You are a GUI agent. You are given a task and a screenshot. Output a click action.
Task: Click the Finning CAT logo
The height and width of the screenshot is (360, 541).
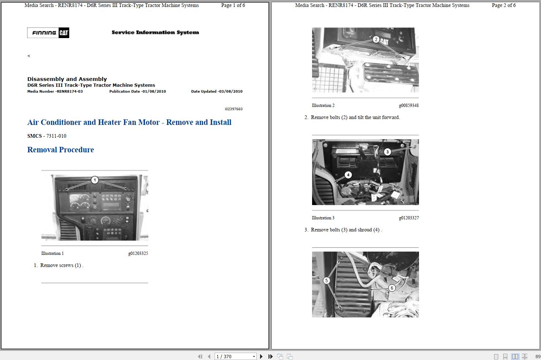[x=48, y=33]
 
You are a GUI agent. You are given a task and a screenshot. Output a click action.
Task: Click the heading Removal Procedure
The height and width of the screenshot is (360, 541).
[x=60, y=150]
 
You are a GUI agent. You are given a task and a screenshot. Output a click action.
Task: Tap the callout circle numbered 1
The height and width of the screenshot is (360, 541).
[x=95, y=180]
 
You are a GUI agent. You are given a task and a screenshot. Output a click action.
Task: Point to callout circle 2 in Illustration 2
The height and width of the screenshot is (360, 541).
[x=376, y=39]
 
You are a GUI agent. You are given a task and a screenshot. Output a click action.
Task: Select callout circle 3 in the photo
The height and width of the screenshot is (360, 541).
[x=388, y=152]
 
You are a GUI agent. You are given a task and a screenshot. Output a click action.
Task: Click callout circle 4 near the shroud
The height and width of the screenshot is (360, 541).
[x=348, y=175]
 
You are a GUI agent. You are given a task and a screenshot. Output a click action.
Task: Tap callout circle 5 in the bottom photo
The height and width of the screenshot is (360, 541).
[x=326, y=281]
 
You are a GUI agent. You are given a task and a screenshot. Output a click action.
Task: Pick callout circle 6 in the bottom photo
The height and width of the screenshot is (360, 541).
[x=392, y=288]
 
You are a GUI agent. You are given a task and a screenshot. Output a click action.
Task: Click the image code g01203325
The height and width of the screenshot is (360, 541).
[x=138, y=253]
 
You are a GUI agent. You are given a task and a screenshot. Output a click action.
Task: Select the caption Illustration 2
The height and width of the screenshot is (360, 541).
[x=323, y=105]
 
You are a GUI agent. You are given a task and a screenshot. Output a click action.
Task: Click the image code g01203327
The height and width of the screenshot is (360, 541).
[x=409, y=218]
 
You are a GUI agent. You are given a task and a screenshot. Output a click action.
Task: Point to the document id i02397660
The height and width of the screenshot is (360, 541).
[x=234, y=109]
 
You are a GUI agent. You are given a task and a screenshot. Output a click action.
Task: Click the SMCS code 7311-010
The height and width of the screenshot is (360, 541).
[x=56, y=136]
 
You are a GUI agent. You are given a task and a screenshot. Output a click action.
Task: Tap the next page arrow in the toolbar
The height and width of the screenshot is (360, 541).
[x=261, y=356]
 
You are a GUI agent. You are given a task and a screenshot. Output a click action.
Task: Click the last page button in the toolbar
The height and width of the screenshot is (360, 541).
[x=270, y=356]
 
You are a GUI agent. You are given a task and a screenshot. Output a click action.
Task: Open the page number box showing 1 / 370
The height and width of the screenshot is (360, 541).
[x=236, y=356]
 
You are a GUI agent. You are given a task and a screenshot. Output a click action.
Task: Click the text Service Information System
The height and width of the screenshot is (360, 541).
[x=155, y=32]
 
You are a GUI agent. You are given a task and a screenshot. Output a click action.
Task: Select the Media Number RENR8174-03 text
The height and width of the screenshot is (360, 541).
[x=55, y=91]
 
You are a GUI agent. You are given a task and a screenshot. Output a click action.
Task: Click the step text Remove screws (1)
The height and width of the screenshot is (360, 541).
[x=62, y=265]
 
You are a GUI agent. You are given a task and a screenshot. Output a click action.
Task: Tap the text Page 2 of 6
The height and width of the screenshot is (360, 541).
[x=504, y=5]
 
